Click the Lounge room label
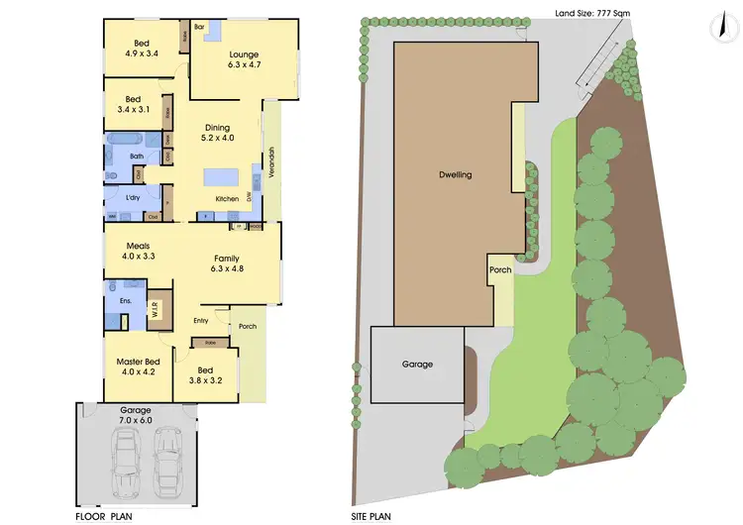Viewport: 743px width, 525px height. [x=244, y=54]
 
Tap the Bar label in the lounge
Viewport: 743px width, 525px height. [x=199, y=27]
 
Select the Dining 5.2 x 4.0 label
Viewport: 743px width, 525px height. [x=217, y=133]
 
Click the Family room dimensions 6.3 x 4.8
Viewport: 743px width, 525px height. [x=227, y=268]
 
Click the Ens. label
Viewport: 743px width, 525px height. [x=126, y=299]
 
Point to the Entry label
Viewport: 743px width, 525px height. [x=201, y=320]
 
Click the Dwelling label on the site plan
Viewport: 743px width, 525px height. [x=456, y=174]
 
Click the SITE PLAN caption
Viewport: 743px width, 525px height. [x=373, y=515]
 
